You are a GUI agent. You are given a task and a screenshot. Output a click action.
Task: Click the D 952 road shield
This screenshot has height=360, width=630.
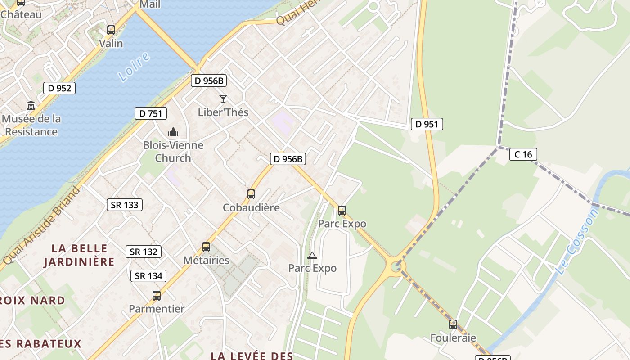[x=59, y=88]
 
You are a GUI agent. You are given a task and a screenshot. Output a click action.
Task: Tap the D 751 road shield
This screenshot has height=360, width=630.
[x=151, y=113]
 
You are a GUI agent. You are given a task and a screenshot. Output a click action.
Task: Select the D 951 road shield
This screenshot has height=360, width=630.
[x=427, y=124]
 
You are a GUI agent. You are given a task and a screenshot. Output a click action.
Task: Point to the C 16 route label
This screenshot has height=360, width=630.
[x=523, y=154]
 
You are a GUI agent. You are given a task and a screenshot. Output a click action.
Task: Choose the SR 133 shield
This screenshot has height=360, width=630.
[x=125, y=205]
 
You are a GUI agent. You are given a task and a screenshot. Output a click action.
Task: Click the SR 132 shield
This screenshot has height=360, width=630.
[x=144, y=252]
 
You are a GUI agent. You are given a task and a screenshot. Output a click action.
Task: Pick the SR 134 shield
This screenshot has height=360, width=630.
[x=148, y=276]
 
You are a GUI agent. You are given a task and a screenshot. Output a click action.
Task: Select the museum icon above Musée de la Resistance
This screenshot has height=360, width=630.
[x=31, y=106]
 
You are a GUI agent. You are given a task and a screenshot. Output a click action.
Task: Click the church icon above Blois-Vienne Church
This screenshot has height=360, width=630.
[x=173, y=132]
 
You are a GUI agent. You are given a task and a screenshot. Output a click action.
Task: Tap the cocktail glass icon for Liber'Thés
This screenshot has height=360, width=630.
[x=223, y=99]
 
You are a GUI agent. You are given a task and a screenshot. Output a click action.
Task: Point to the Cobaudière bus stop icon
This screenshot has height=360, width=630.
[x=251, y=194]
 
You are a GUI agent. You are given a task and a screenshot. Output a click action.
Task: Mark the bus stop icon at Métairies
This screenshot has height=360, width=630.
[x=206, y=247]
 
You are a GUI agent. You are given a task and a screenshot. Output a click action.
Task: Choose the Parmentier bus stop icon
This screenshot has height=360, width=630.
[x=157, y=296]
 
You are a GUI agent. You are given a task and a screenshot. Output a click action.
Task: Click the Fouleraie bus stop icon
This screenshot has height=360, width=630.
[x=453, y=324]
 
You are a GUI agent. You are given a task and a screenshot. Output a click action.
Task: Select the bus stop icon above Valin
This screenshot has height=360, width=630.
[x=111, y=30]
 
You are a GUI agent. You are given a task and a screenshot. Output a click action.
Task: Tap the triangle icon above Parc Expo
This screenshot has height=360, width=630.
[x=312, y=256]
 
